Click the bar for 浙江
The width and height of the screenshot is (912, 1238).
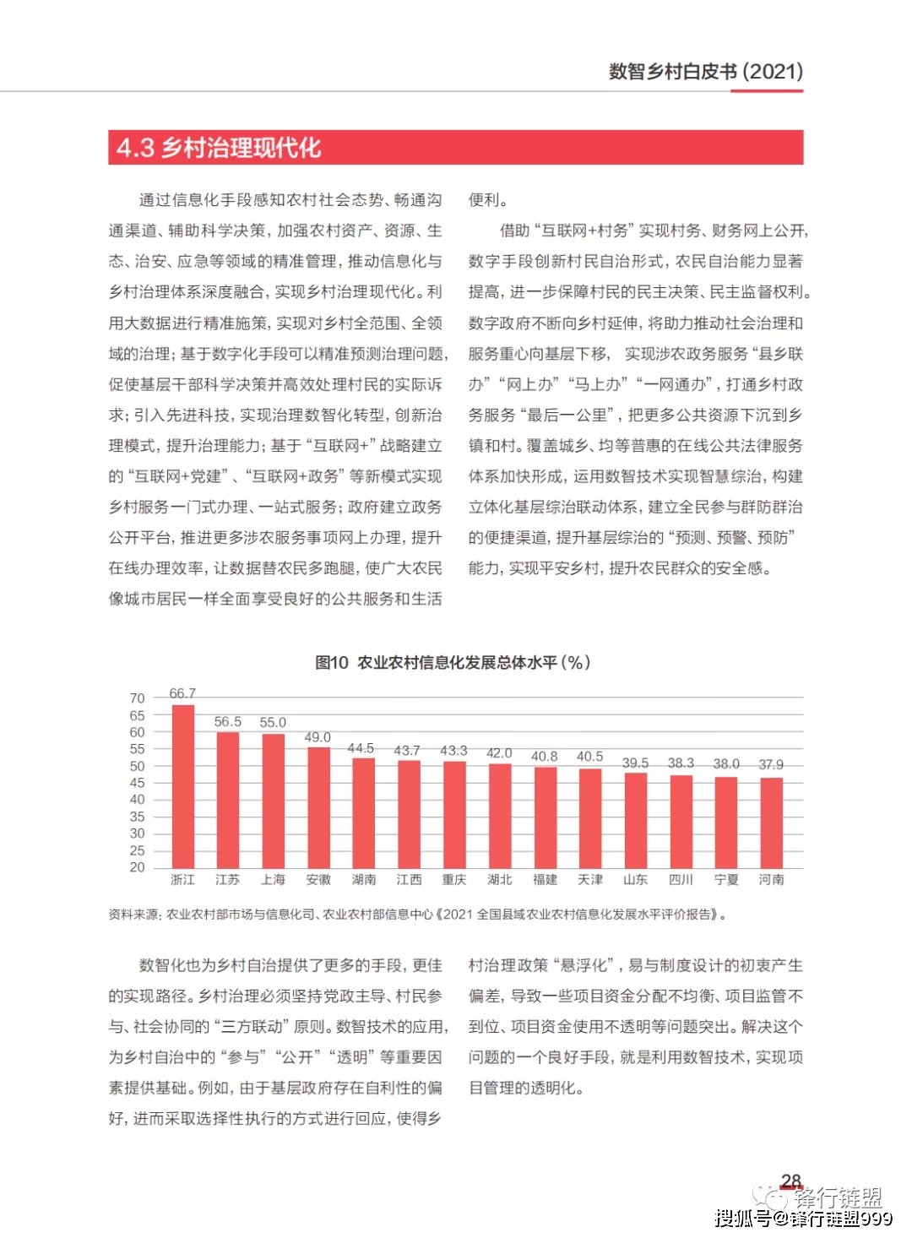[x=183, y=785]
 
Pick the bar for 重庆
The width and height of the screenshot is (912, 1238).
[x=454, y=814]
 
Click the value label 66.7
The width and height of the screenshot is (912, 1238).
[x=182, y=693]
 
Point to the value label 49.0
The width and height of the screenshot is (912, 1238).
[x=318, y=737]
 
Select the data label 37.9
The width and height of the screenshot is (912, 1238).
[x=771, y=764]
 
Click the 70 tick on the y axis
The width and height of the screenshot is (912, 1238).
[x=137, y=698]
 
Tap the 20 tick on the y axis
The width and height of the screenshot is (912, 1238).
[x=137, y=867]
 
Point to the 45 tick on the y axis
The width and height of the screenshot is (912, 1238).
[x=137, y=783]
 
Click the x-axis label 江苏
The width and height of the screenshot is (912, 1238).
[x=227, y=880]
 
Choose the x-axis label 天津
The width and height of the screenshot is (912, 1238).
[x=590, y=880]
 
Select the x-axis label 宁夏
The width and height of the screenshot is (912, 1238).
[x=726, y=880]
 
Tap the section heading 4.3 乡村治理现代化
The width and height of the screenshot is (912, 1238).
[x=220, y=148]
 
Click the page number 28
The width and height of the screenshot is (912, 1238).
[x=791, y=1181]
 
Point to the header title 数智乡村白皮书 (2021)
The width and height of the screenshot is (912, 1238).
[x=706, y=72]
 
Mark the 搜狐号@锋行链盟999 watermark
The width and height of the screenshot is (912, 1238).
[x=803, y=1218]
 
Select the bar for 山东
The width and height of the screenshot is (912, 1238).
[x=635, y=820]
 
